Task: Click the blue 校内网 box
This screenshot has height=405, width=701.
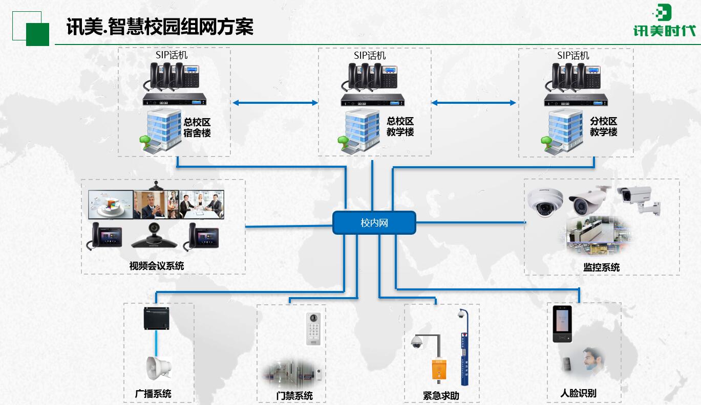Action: coord(374,223)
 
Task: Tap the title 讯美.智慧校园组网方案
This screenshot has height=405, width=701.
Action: coord(160,27)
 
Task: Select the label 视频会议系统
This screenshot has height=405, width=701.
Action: coord(157,266)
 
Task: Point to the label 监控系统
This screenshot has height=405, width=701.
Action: coord(601,267)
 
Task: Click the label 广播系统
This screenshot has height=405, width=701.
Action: coord(153,394)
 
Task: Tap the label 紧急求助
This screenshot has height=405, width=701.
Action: coord(441,395)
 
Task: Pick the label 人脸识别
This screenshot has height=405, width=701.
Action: coord(578,393)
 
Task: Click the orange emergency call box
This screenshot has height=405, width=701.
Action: coord(439,369)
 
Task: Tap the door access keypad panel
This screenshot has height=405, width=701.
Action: coord(313,328)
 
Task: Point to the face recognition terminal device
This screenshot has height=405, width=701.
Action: coord(562,323)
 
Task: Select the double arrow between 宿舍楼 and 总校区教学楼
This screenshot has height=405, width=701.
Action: coord(275,103)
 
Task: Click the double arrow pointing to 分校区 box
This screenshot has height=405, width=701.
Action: coord(474,103)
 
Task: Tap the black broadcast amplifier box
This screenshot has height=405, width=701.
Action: coord(157,319)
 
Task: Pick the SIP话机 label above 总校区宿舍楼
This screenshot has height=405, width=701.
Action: coord(172,55)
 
